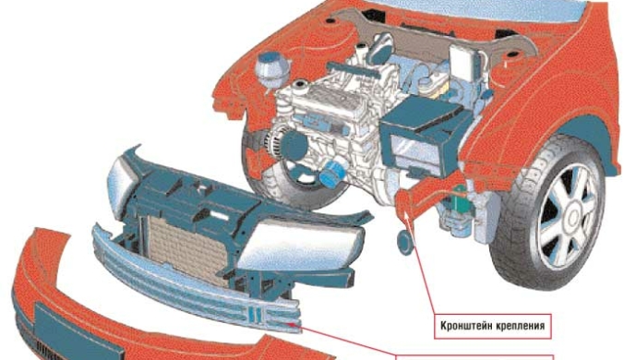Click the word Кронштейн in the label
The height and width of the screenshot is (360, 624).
point(466,326)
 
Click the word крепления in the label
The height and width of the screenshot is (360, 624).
point(521,327)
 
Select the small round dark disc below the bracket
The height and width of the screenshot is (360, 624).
point(406,242)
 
